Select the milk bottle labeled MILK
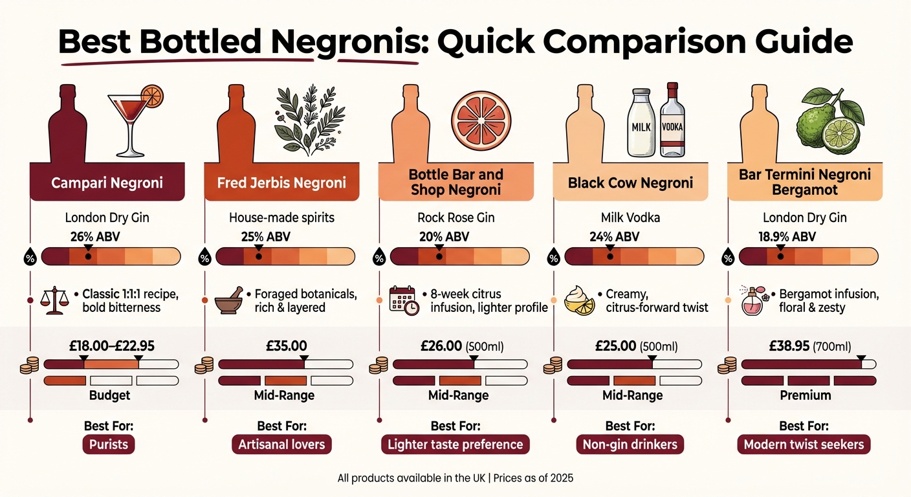click(641, 124)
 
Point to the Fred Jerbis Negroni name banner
click(281, 182)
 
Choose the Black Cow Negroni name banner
click(630, 182)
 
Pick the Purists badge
click(107, 445)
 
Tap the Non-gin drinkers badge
click(630, 445)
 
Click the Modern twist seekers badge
click(804, 445)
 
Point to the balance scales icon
click(54, 301)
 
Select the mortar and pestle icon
click(228, 301)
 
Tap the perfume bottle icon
click(753, 302)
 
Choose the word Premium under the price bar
click(805, 395)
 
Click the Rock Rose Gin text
click(456, 217)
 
